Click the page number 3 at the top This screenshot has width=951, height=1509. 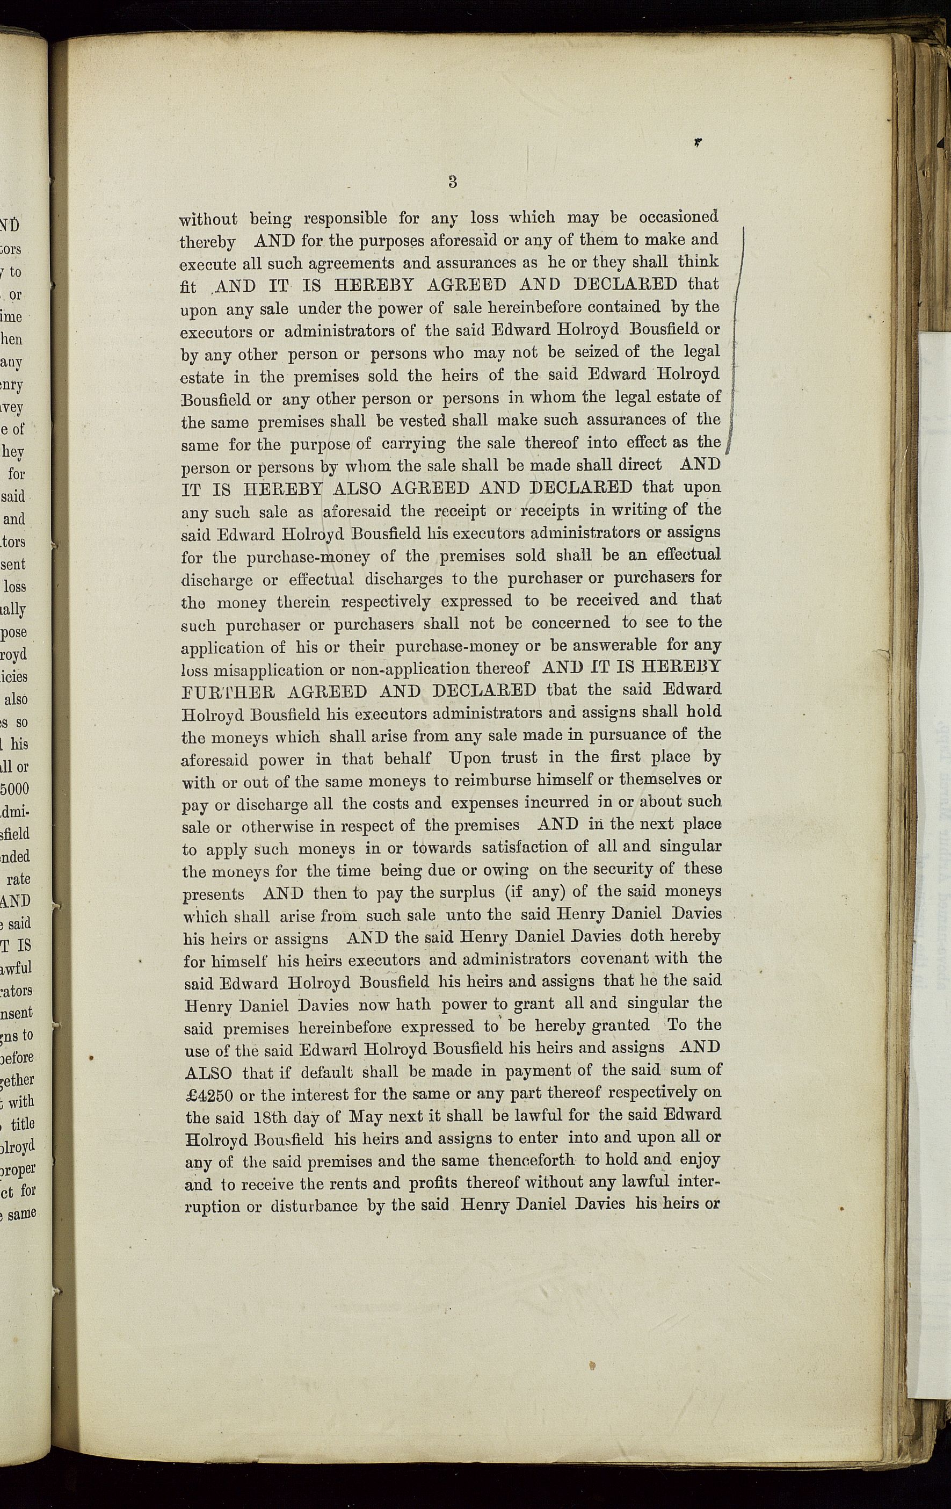coord(452,182)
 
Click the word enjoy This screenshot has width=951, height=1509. coord(700,1160)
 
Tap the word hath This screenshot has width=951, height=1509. coord(414,1005)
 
